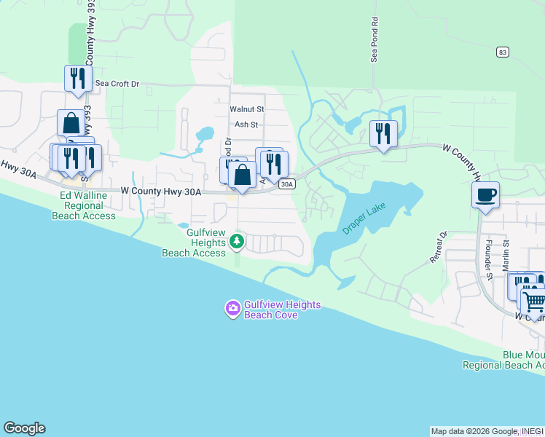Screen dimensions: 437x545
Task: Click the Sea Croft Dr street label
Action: click(x=116, y=84)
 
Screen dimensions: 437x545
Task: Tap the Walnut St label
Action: click(x=246, y=109)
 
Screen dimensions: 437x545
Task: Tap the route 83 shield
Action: click(x=502, y=52)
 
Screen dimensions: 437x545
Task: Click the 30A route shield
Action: click(x=287, y=184)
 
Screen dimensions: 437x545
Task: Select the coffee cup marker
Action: click(x=485, y=194)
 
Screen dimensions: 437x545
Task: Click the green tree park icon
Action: click(x=235, y=240)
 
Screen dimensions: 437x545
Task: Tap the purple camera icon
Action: click(x=232, y=309)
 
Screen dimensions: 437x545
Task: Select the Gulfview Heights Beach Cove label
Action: click(x=272, y=310)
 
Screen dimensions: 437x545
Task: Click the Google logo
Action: click(x=24, y=428)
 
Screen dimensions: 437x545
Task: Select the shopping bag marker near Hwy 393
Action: click(x=71, y=123)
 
